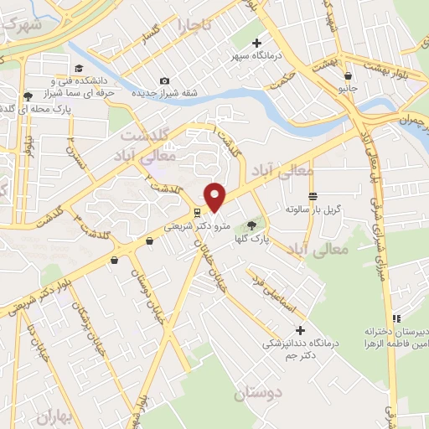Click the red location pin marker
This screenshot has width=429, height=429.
[215, 196]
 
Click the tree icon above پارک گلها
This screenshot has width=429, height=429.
[251, 225]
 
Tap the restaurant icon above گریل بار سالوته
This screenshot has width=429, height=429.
[313, 194]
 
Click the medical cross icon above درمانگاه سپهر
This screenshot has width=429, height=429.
[257, 43]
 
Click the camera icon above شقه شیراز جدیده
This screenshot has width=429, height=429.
[164, 80]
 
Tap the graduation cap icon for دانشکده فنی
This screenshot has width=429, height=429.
[79, 68]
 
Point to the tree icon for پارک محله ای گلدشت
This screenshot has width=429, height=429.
[28, 96]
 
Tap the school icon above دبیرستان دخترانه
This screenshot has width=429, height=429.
[396, 318]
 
